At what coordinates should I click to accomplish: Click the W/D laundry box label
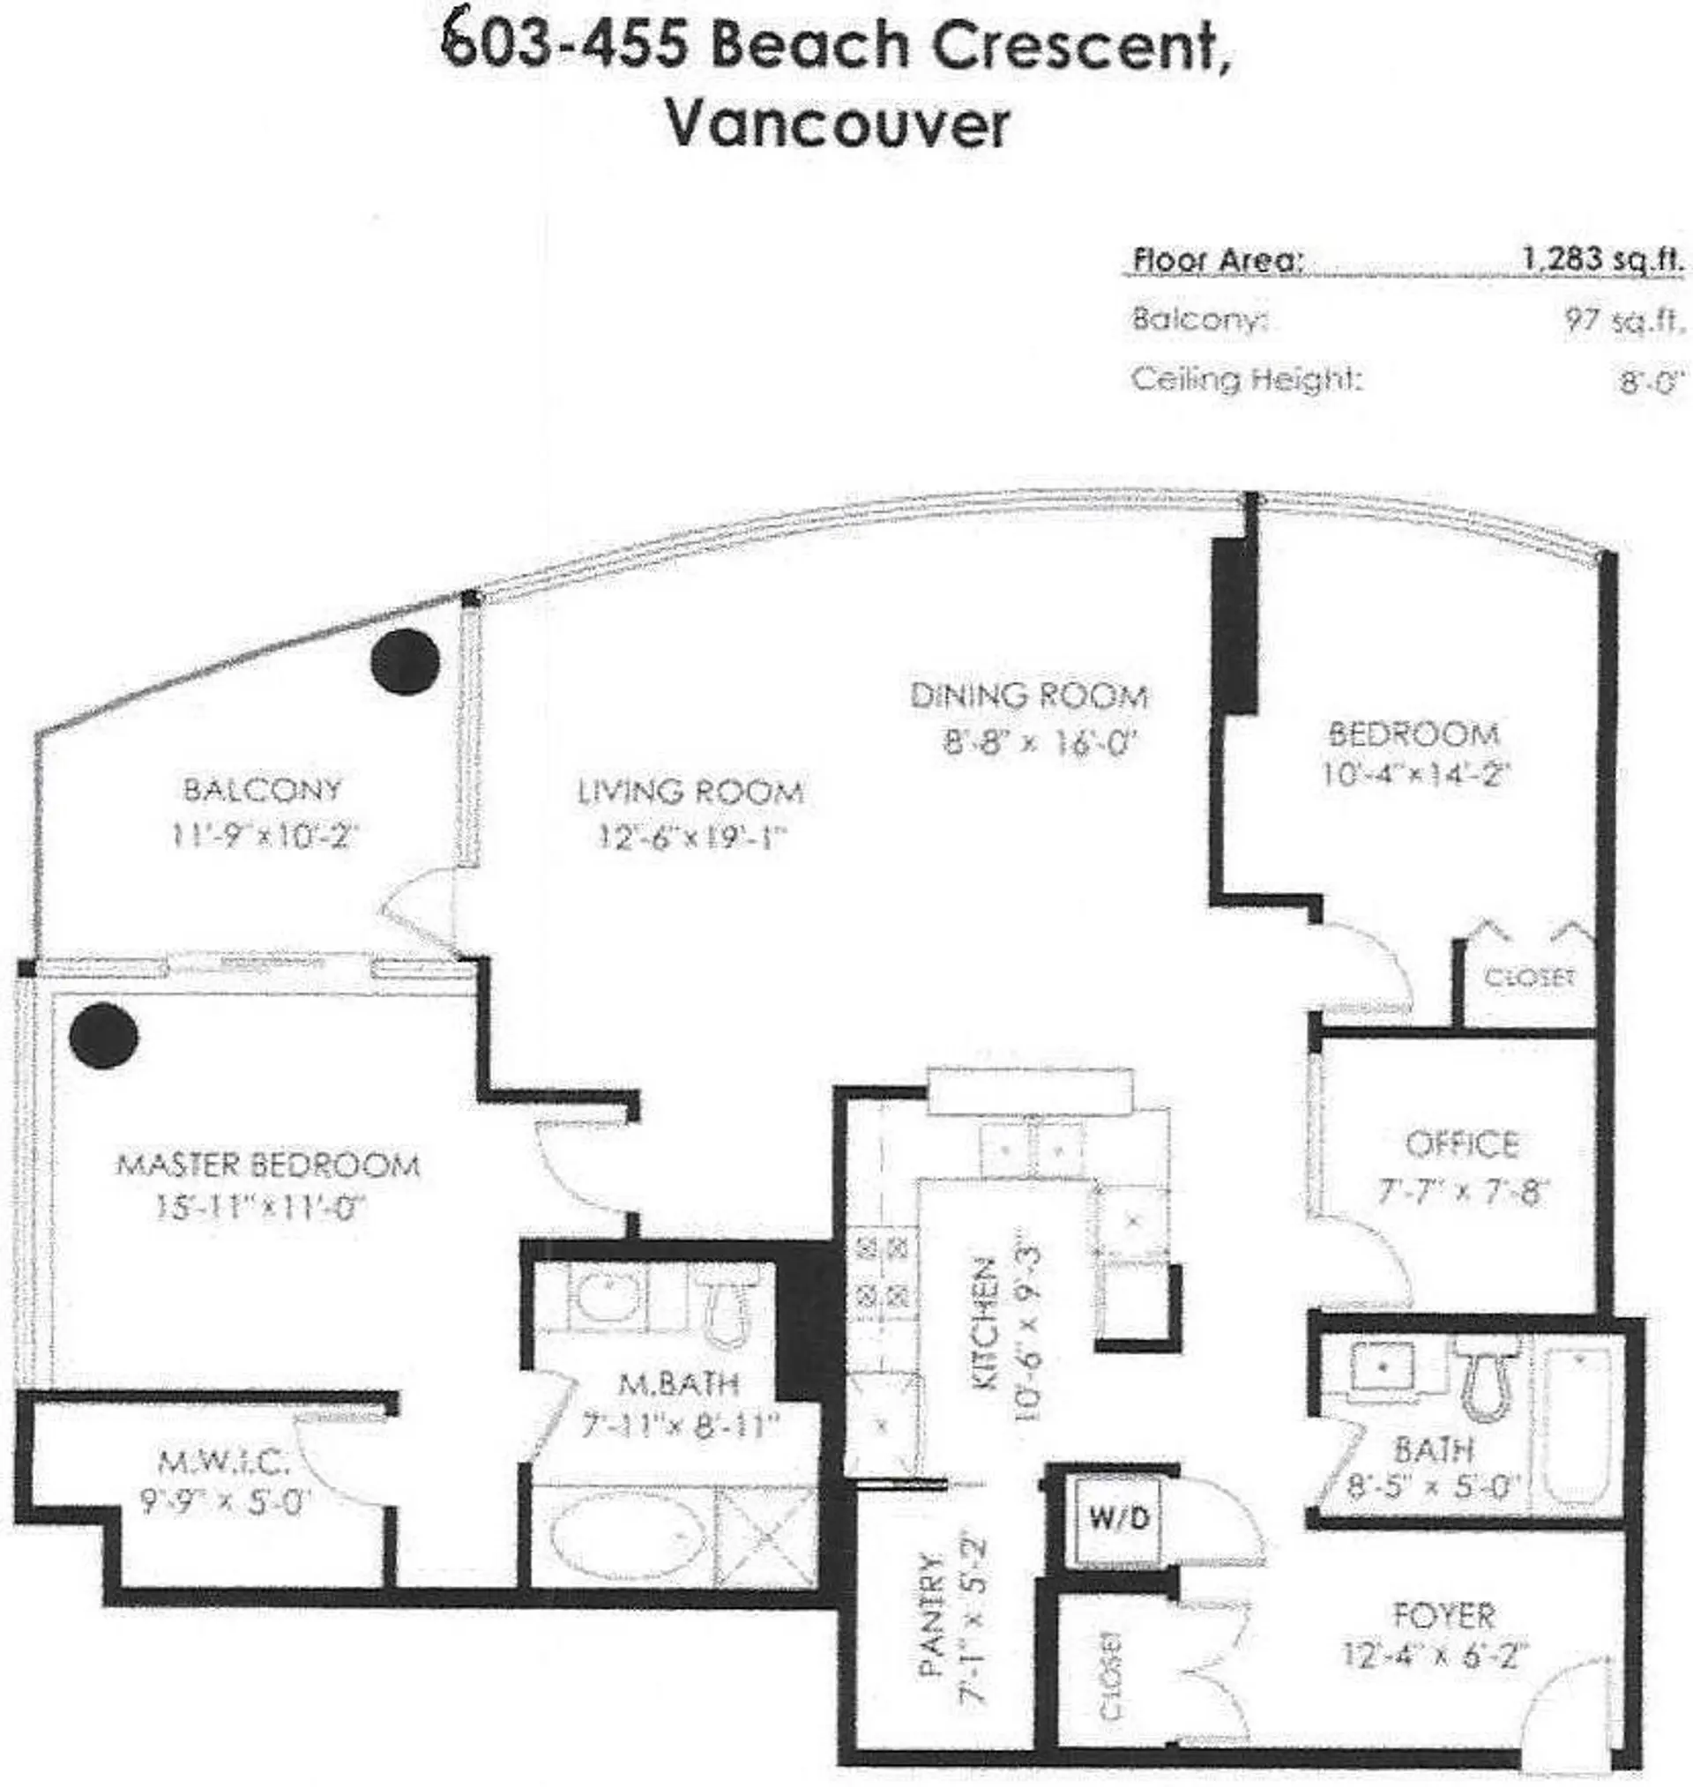pos(1119,1518)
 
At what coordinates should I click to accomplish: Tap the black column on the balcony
pos(406,660)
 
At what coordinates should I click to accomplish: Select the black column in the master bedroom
pos(104,1036)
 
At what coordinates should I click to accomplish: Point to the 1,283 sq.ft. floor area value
pos(1603,261)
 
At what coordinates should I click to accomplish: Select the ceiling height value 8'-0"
pos(1651,383)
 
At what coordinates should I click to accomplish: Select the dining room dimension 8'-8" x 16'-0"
pos(1037,744)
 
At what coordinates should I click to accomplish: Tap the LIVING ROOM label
pos(690,792)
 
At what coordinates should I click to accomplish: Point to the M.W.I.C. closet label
pos(224,1459)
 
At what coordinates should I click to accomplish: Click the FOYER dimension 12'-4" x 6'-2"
pos(1435,1657)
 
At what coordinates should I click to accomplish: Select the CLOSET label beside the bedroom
pos(1529,977)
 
